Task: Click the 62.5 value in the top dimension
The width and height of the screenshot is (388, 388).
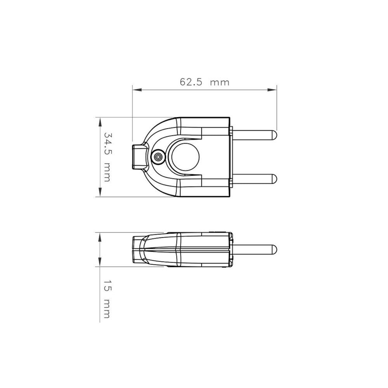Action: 191,82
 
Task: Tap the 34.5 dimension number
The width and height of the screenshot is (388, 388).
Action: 107,144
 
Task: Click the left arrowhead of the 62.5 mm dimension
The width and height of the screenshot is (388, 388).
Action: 137,90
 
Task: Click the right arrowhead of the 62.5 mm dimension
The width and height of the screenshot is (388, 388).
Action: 272,90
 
